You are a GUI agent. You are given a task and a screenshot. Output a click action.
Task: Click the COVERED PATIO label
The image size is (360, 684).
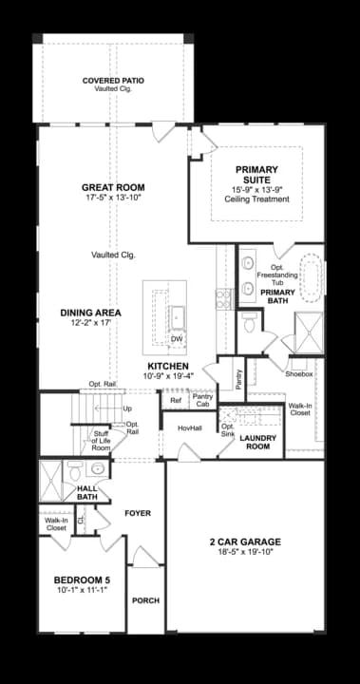[113, 81]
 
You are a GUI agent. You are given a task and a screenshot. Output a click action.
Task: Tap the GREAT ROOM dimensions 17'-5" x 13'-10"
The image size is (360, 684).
[113, 198]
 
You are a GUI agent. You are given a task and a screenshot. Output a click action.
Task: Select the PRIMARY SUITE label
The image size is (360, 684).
[256, 175]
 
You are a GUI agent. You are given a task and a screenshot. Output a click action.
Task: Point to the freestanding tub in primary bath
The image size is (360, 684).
[312, 277]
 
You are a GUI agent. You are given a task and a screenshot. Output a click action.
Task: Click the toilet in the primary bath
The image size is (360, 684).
[250, 322]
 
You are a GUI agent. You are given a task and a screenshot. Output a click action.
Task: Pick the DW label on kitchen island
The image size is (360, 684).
[177, 339]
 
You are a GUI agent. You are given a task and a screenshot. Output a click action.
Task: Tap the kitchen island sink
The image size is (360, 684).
[178, 316]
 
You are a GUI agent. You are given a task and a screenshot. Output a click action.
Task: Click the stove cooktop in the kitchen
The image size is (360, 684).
[224, 299]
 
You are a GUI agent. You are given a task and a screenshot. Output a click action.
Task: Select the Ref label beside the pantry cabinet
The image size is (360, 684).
[176, 401]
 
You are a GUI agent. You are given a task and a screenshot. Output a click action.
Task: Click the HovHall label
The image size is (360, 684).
[190, 428]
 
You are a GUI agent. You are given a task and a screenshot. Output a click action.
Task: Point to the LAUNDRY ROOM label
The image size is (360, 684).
[258, 443]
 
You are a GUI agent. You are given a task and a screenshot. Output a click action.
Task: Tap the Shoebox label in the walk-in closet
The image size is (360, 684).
[299, 374]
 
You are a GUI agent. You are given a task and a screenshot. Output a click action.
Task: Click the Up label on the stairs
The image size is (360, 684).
[127, 408]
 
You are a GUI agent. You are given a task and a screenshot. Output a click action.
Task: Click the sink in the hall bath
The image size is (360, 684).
[97, 469]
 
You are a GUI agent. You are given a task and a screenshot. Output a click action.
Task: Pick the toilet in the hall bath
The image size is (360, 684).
[75, 470]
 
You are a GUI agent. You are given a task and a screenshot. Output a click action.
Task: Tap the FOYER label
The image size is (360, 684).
[138, 513]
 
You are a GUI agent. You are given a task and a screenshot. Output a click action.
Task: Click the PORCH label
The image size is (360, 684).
[145, 600]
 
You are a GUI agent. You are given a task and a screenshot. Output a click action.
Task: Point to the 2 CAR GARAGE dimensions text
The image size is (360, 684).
[245, 552]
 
